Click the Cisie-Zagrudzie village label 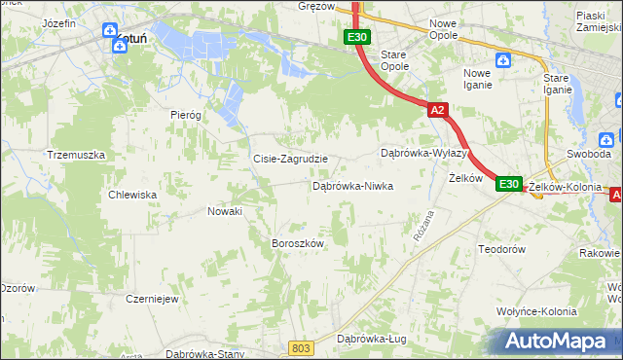(290, 159)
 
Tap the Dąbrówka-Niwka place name (352, 185)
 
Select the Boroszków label (297, 243)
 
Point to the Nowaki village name (225, 210)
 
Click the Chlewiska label (134, 195)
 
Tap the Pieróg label (185, 114)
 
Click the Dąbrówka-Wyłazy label (425, 154)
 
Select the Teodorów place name (502, 249)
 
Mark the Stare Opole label (393, 61)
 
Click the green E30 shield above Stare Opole (356, 37)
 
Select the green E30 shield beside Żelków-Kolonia (509, 183)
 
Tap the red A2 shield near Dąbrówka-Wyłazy (437, 111)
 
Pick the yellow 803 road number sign (302, 347)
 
